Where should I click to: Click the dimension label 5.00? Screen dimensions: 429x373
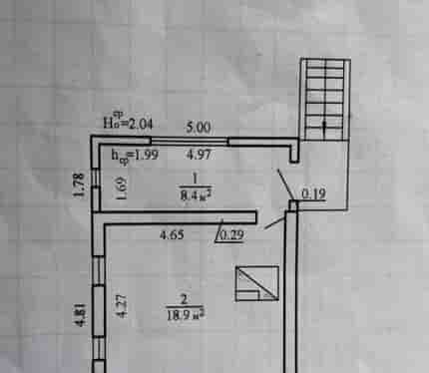pos(199,128)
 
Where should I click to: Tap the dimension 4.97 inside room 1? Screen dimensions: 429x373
pos(199,155)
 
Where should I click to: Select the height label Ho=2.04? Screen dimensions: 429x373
pos(128,122)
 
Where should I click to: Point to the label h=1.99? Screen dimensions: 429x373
pos(135,156)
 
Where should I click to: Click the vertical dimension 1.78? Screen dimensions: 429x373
pos(79,185)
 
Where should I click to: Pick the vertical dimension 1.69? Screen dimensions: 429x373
pos(122,187)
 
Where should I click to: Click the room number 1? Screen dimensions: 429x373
pos(195,180)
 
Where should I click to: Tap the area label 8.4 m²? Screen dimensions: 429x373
pos(196,194)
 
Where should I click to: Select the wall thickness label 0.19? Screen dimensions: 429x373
pos(313,194)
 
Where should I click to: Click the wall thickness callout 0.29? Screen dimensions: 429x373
pos(232,235)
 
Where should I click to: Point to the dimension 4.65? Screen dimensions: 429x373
pos(172,235)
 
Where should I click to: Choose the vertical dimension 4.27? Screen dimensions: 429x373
pos(122,306)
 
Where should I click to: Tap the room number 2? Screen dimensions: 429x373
pos(184,300)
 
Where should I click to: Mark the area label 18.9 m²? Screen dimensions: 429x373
pos(186,314)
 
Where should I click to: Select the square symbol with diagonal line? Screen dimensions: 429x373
pos(257,283)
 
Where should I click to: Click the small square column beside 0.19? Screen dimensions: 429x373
pos(293,205)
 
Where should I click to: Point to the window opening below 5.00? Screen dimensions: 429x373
pos(190,142)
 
